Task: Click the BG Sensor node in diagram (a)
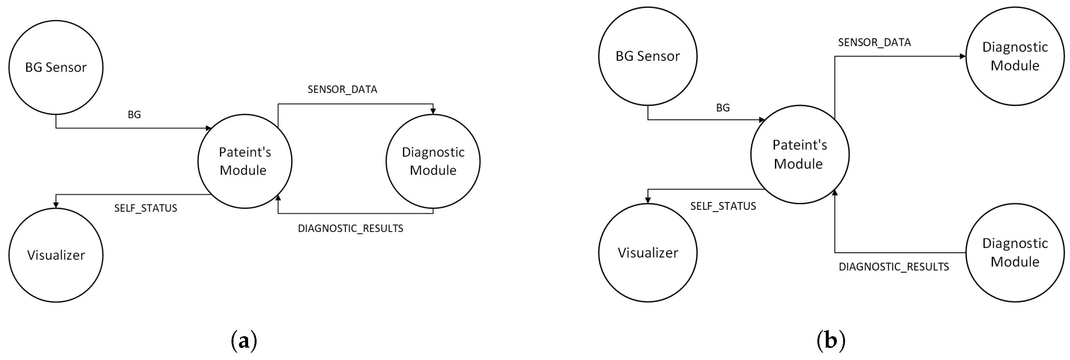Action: point(56,67)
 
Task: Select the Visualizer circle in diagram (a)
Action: point(56,255)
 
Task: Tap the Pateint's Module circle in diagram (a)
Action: point(245,161)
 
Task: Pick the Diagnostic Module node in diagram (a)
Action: point(433,161)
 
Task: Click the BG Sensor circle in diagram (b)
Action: point(647,56)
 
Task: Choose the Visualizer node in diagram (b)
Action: point(647,252)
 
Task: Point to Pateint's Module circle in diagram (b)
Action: point(800,154)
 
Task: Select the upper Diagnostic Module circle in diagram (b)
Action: point(1015,56)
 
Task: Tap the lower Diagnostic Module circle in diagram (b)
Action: point(1015,252)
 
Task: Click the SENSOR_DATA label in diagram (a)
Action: point(342,90)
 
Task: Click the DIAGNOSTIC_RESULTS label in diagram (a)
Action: point(350,228)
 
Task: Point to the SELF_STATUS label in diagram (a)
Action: point(146,208)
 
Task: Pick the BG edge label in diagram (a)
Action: point(134,115)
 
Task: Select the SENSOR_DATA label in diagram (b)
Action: point(874,42)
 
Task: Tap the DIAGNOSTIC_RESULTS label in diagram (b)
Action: point(894,266)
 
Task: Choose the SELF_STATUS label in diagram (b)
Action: point(723,206)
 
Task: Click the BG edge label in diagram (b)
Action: point(723,108)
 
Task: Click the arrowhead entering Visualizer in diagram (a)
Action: point(56,205)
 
